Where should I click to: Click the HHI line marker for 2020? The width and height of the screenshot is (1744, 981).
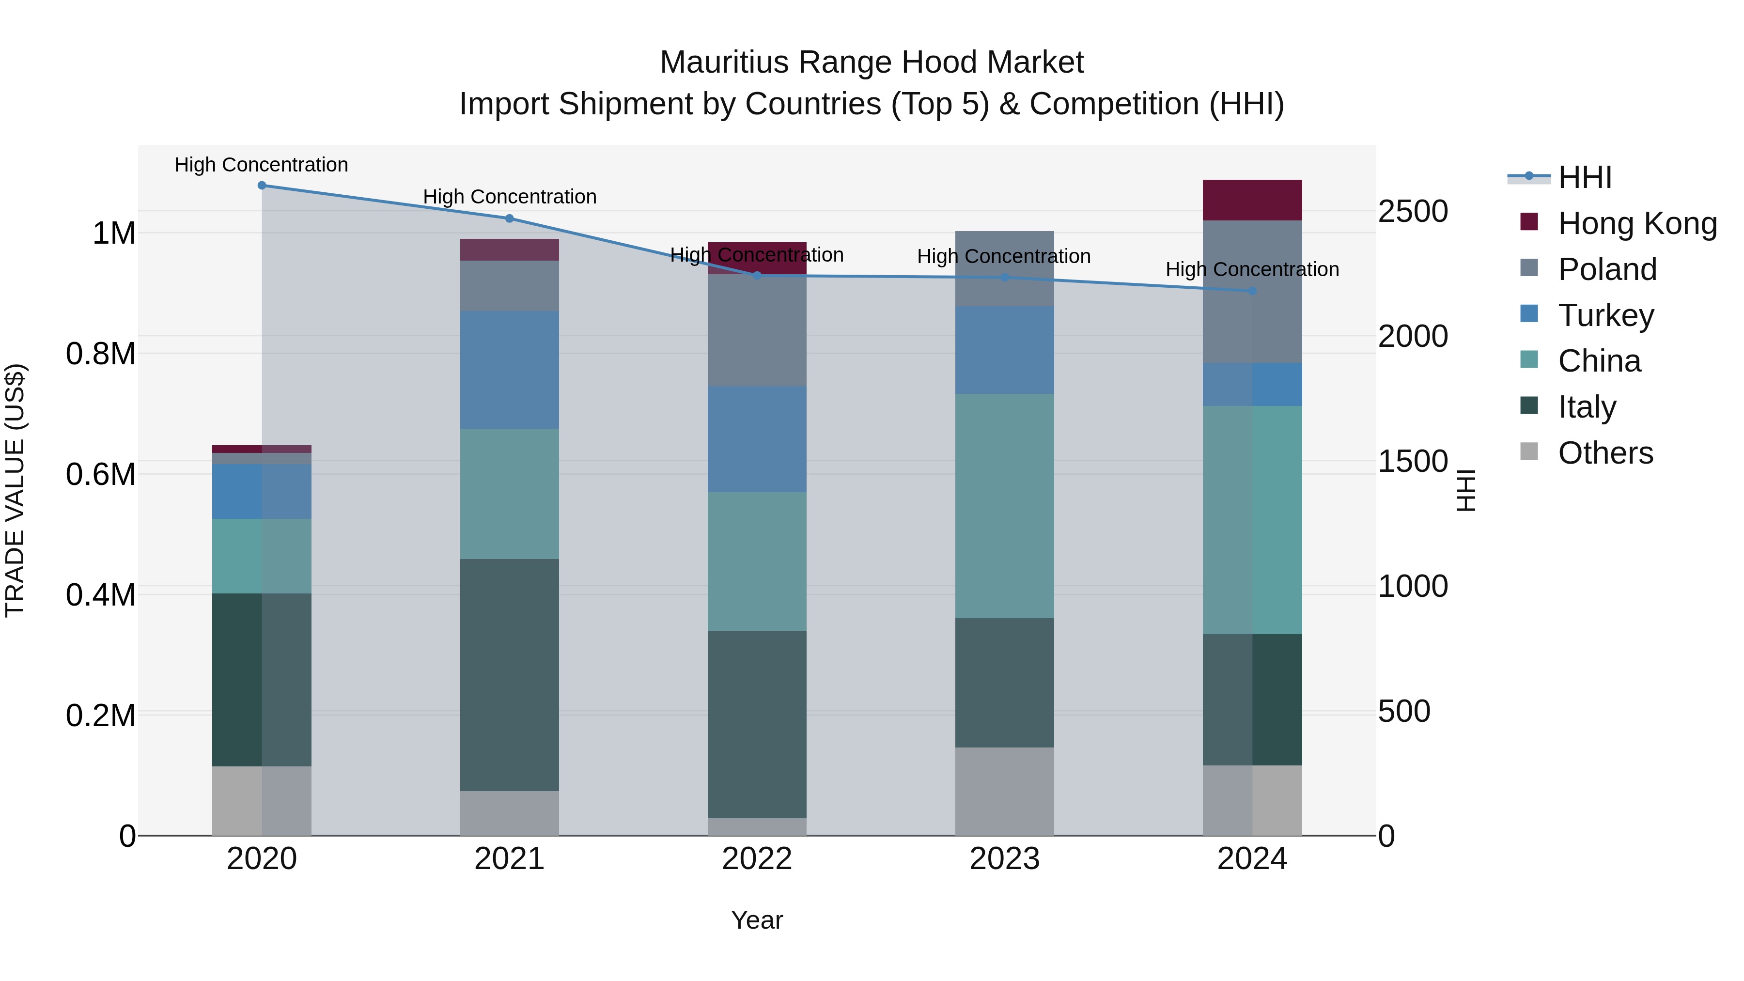click(262, 185)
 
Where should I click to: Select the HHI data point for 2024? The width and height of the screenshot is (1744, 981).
click(1252, 291)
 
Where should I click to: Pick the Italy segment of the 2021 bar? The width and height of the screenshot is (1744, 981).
click(509, 674)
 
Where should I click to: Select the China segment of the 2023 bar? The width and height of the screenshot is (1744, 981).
click(1004, 506)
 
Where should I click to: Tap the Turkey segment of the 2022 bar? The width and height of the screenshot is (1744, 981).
click(757, 439)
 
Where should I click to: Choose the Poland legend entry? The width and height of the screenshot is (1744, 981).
click(1606, 269)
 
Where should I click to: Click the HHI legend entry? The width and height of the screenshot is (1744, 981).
click(1584, 177)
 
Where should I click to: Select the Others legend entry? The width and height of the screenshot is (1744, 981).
click(1604, 453)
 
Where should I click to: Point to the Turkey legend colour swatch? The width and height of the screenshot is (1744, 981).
click(1529, 314)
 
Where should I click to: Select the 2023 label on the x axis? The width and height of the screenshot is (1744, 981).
click(1004, 859)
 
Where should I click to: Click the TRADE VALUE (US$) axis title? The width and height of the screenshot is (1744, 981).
click(15, 490)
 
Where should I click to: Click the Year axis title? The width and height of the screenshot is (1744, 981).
click(757, 920)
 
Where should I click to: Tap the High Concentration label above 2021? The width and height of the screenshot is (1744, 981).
click(509, 197)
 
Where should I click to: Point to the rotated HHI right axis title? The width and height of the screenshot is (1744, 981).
click(1466, 490)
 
